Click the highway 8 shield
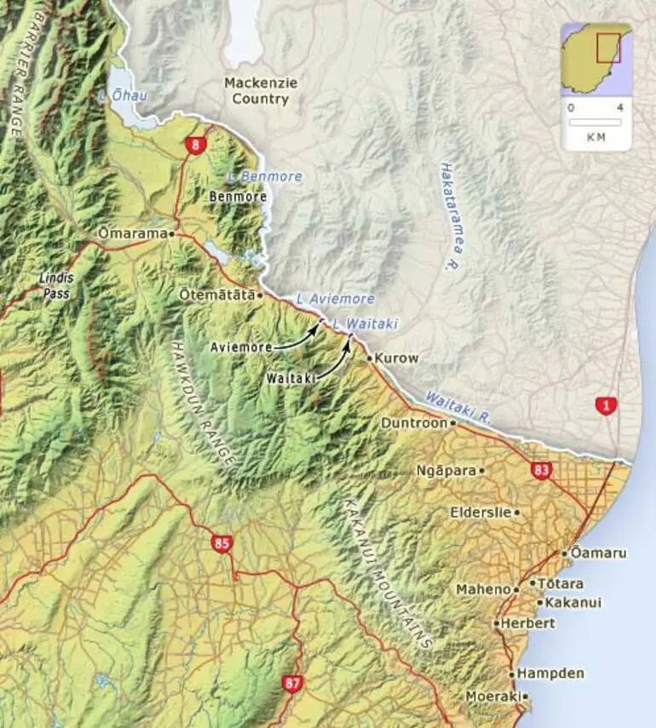195,146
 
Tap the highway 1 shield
606,406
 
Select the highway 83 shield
540,470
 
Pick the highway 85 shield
222,544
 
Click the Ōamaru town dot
564,553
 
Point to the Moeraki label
492,696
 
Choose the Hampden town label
550,674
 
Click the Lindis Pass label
57,285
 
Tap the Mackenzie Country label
256,90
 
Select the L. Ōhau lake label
123,95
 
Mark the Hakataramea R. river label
450,216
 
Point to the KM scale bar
596,122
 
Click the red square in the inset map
608,48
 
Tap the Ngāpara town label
446,470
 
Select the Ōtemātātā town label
218,295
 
